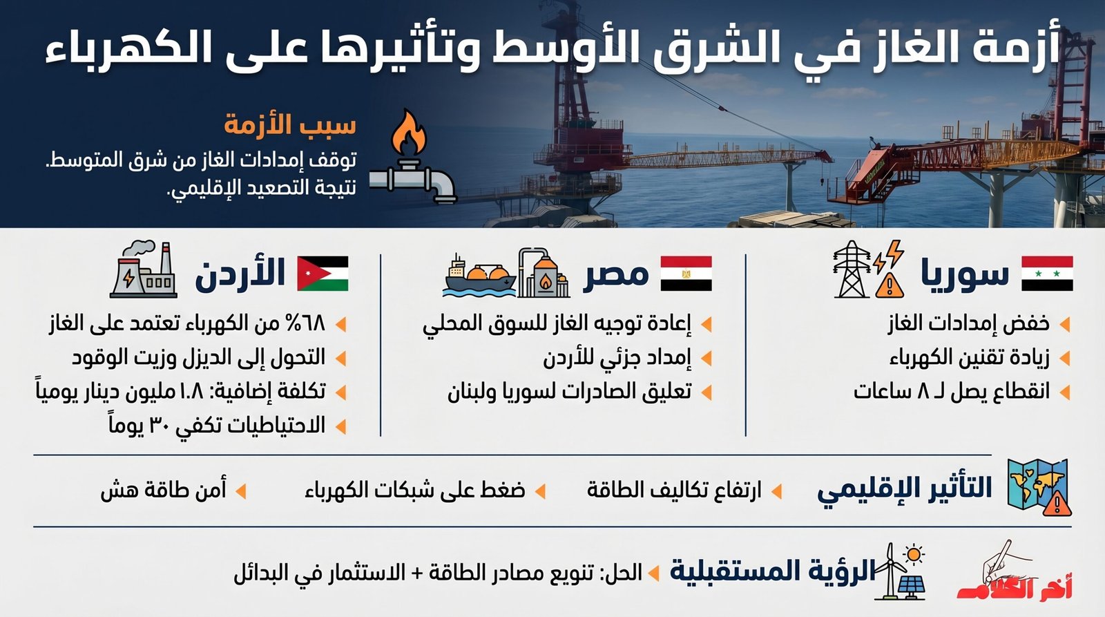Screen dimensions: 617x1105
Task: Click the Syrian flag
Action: click(x=1046, y=273)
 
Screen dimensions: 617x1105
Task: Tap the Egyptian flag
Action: click(x=686, y=273)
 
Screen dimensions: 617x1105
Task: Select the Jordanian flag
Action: click(x=323, y=273)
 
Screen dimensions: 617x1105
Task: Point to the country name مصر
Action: click(x=617, y=274)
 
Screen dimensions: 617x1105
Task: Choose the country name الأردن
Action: click(x=240, y=273)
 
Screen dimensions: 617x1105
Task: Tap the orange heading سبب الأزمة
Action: click(x=290, y=125)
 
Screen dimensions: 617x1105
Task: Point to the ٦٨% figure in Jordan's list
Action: click(x=303, y=323)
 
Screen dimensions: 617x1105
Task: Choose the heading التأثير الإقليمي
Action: click(x=905, y=488)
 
